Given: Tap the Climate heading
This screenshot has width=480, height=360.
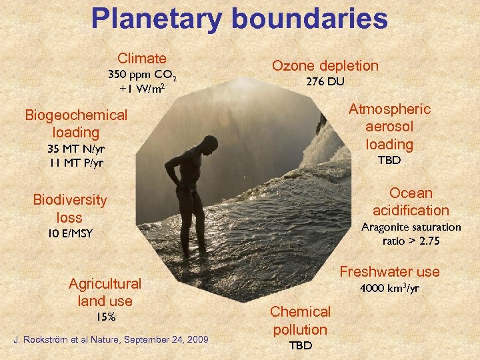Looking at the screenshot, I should pyautogui.click(x=142, y=59).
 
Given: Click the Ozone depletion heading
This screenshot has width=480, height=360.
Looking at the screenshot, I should pyautogui.click(x=325, y=65).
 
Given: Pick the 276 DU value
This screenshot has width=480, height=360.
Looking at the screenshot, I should pyautogui.click(x=325, y=82).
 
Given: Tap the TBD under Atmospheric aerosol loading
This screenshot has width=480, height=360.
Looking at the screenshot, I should pyautogui.click(x=389, y=161).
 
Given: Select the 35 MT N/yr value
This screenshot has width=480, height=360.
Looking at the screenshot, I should pyautogui.click(x=76, y=148).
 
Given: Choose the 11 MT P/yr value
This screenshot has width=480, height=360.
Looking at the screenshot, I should pyautogui.click(x=76, y=162).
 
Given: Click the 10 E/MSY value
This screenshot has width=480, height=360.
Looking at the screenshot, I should pyautogui.click(x=70, y=233).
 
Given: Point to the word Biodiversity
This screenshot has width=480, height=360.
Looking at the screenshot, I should pyautogui.click(x=70, y=200).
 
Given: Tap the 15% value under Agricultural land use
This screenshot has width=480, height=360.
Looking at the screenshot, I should pyautogui.click(x=105, y=317).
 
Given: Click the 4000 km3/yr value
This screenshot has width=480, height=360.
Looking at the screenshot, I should pyautogui.click(x=389, y=289).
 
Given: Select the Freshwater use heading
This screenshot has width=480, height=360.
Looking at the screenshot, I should pyautogui.click(x=389, y=271).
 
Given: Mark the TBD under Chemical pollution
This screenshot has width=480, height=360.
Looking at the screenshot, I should pyautogui.click(x=300, y=345).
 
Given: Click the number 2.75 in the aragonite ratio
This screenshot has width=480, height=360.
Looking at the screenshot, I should pyautogui.click(x=426, y=241).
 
